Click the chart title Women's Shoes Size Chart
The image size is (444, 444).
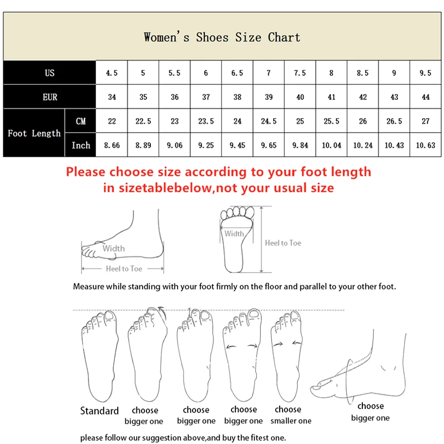(222, 38)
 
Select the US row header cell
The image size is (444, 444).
(50, 73)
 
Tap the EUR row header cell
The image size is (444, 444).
(50, 97)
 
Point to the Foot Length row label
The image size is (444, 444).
(34, 133)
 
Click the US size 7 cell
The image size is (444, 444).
(269, 73)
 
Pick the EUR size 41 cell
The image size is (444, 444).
(331, 97)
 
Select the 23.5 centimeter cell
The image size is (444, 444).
(206, 121)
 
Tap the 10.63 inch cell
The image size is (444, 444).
(426, 145)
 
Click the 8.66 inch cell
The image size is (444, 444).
(112, 145)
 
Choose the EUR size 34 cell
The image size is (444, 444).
(112, 97)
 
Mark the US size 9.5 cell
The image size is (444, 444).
(426, 73)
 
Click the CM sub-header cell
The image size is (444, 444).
(81, 121)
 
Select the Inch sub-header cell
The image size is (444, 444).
(81, 145)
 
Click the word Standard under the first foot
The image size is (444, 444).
(99, 411)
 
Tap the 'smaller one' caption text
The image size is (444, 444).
(292, 421)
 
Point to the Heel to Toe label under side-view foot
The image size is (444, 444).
(124, 269)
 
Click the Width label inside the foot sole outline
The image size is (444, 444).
(234, 234)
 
